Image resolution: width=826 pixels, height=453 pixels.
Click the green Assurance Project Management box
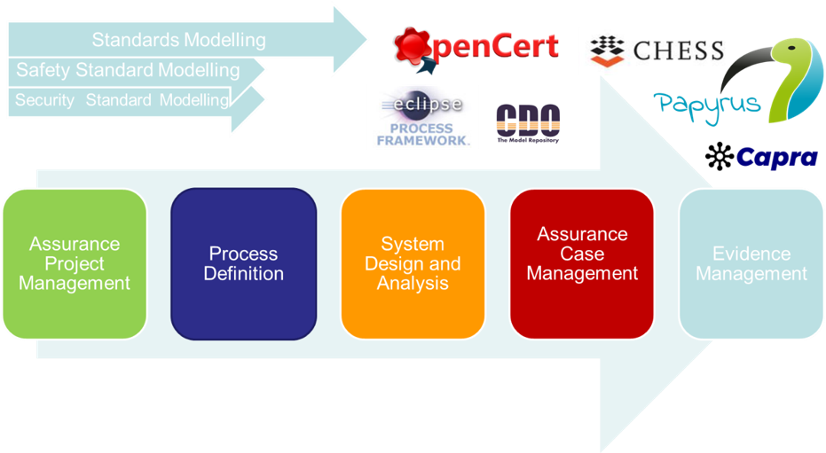75,263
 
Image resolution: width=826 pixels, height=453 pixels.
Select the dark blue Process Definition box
243,263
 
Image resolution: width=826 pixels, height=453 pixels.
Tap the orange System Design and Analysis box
413,263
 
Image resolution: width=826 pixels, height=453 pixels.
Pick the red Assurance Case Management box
582,263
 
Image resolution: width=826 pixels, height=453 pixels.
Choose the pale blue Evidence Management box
751,263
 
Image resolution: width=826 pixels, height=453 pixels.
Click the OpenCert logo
476,46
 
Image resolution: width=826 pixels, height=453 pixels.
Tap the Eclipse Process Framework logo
422,117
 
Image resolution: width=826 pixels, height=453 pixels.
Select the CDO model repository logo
528,123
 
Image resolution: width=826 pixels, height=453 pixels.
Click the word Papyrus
708,103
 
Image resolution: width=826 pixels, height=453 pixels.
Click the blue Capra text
776,157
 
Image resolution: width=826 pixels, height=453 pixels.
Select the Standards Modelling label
178,40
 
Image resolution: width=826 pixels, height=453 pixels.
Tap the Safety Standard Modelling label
128,70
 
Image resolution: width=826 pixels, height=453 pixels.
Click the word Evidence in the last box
751,254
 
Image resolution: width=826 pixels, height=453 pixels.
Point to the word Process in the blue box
243,254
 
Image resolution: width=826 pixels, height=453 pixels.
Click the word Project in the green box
75,263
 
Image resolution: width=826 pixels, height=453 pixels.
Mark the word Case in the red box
582,254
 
